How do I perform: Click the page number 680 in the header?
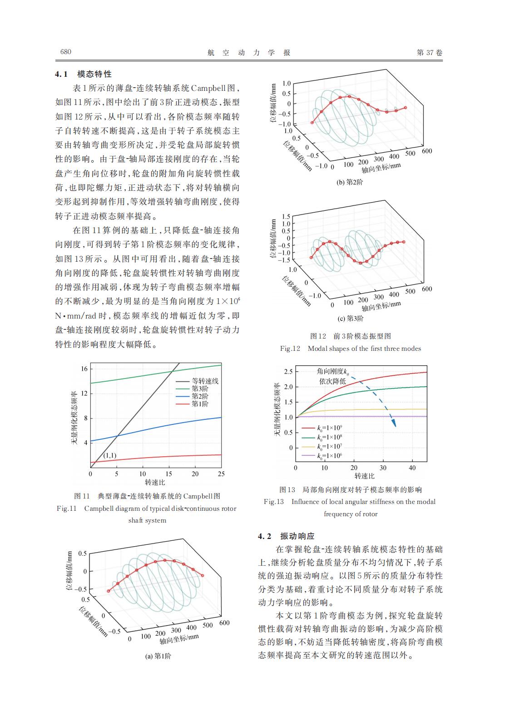[66, 52]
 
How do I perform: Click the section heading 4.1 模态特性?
[84, 74]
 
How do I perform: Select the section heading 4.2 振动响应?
[286, 536]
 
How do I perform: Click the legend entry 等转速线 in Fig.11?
[204, 381]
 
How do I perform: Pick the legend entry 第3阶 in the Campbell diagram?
[200, 389]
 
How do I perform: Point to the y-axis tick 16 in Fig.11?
[84, 369]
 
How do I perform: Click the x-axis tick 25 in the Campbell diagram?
[221, 474]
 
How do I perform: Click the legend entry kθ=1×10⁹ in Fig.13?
[330, 428]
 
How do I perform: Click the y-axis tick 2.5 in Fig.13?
[288, 372]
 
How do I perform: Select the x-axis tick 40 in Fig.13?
[412, 468]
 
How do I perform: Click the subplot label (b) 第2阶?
[349, 182]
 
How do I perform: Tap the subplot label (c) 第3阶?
[349, 318]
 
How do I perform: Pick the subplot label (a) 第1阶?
[158, 656]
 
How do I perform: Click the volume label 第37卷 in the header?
[429, 52]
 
